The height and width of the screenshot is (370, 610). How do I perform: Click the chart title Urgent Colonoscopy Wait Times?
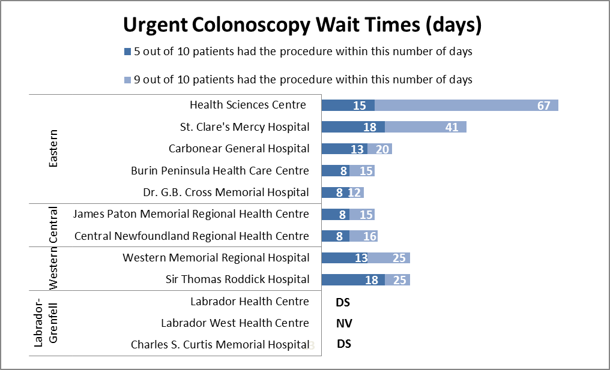pyautogui.click(x=303, y=25)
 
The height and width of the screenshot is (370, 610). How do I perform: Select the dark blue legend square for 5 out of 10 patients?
pyautogui.click(x=127, y=52)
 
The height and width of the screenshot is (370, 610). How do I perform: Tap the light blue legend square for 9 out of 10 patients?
pyautogui.click(x=127, y=80)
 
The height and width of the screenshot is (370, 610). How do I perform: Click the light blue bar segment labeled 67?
pyautogui.click(x=467, y=106)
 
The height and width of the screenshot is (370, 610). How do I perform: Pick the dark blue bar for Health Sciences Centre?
pyautogui.click(x=348, y=106)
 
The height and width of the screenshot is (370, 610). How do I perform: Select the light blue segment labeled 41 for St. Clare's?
pyautogui.click(x=426, y=127)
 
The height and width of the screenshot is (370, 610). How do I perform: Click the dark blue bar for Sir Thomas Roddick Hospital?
pyautogui.click(x=353, y=279)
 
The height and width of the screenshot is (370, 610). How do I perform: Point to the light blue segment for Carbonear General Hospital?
pyautogui.click(x=379, y=149)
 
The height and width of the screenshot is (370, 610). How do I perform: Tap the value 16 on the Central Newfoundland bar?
pyautogui.click(x=370, y=236)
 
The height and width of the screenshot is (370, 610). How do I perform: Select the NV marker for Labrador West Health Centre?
pyautogui.click(x=344, y=324)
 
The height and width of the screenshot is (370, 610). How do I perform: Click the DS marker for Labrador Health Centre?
pyautogui.click(x=343, y=302)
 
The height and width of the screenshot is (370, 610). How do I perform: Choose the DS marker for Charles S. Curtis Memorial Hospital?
pyautogui.click(x=343, y=344)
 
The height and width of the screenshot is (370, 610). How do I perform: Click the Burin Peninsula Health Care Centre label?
pyautogui.click(x=220, y=171)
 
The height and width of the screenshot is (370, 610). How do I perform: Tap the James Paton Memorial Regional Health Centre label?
pyautogui.click(x=190, y=214)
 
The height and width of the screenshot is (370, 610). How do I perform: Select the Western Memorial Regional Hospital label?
pyautogui.click(x=216, y=258)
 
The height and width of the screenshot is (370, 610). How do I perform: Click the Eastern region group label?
pyautogui.click(x=53, y=148)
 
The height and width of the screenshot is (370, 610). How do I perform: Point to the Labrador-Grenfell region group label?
pyautogui.click(x=46, y=323)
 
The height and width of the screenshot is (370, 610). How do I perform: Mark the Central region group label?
pyautogui.click(x=53, y=225)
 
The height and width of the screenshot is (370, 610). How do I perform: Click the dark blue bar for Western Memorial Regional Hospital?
pyautogui.click(x=344, y=258)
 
